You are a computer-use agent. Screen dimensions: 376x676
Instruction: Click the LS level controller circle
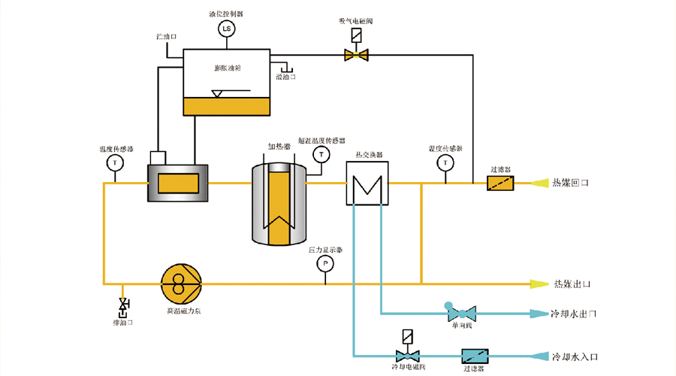[226, 29]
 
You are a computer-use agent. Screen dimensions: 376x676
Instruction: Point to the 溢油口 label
[286, 76]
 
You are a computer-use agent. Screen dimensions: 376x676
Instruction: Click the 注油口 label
[165, 36]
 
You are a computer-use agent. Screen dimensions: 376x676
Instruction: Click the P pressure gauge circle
[325, 263]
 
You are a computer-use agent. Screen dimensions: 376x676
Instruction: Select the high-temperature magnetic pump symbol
[181, 284]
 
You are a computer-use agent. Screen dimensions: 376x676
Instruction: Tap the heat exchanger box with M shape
[367, 183]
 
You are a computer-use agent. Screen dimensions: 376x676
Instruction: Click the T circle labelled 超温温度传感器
[321, 154]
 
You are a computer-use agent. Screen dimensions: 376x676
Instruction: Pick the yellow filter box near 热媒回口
[500, 183]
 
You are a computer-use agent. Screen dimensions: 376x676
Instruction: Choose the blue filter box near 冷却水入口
[474, 355]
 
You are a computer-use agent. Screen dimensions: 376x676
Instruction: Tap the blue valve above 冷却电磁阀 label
[407, 355]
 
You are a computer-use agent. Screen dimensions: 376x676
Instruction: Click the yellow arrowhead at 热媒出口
[539, 284]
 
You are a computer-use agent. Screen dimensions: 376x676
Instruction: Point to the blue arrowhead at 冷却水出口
[538, 313]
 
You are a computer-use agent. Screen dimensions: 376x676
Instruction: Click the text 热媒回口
[572, 183]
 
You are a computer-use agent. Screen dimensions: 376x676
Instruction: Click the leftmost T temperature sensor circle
[115, 162]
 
